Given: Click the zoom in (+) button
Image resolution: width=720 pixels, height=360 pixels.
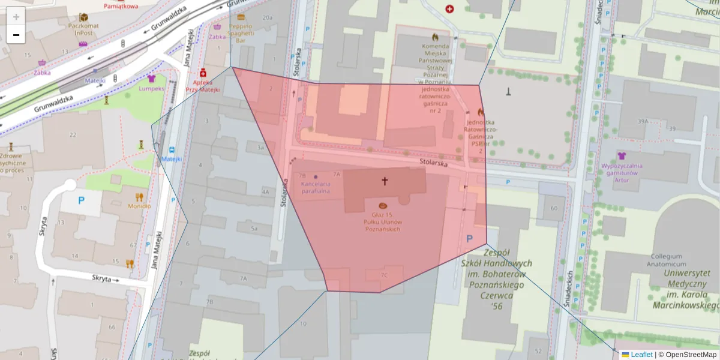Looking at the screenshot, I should click(16, 17).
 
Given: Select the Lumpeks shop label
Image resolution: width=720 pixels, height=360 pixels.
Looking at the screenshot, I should click(151, 88).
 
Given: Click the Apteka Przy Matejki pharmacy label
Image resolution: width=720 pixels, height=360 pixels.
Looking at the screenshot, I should click(203, 85).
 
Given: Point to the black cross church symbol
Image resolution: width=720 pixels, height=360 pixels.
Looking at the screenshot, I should click(385, 180).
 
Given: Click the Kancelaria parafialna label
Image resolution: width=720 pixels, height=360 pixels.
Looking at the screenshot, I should click(316, 187).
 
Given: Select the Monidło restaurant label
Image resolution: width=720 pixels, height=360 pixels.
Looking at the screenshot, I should click(139, 206).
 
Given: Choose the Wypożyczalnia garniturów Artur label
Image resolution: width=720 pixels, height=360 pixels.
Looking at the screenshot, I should click(622, 169).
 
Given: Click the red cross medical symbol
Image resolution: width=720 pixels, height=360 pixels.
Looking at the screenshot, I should click(449, 9).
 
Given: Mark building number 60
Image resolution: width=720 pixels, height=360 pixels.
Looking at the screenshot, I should click(553, 208).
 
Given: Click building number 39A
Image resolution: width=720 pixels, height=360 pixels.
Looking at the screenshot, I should click(643, 122).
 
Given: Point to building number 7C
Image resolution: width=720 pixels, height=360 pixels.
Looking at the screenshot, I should click(384, 275).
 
